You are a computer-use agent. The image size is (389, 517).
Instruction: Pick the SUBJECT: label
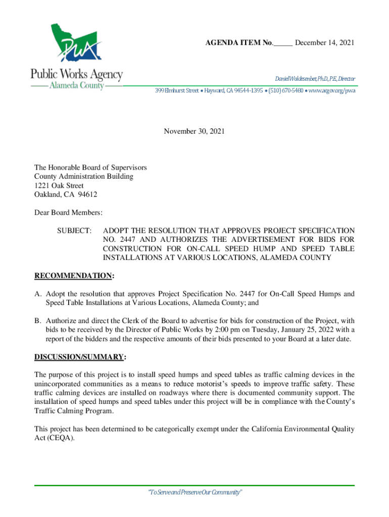(x=74, y=230)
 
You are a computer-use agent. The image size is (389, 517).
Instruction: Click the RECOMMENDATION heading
(x=73, y=276)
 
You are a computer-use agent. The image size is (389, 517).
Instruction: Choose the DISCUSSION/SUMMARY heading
(x=79, y=357)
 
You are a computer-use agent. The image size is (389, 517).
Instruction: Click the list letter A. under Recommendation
(x=38, y=294)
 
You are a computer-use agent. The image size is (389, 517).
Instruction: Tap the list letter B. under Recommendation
(x=38, y=321)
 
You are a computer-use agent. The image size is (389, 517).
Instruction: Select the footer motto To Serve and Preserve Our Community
(x=194, y=493)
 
